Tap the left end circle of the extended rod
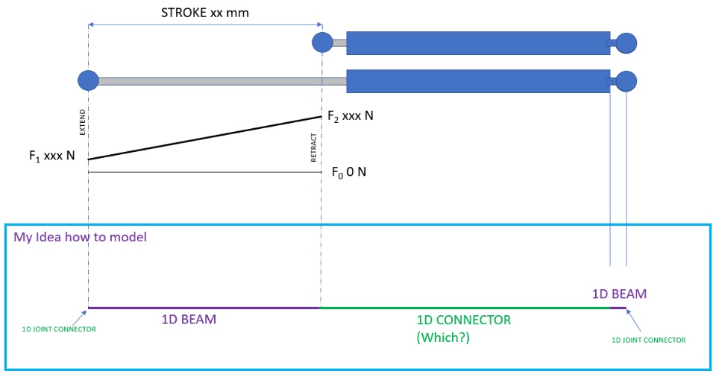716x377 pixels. [x=88, y=80]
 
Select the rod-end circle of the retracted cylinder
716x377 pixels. [x=322, y=42]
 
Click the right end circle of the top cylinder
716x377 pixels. [x=626, y=43]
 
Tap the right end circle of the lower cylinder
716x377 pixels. [x=626, y=80]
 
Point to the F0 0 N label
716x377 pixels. [x=348, y=172]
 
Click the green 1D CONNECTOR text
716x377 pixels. [x=463, y=320]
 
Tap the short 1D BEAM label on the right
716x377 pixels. [x=619, y=294]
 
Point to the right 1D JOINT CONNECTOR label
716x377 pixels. [x=648, y=340]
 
